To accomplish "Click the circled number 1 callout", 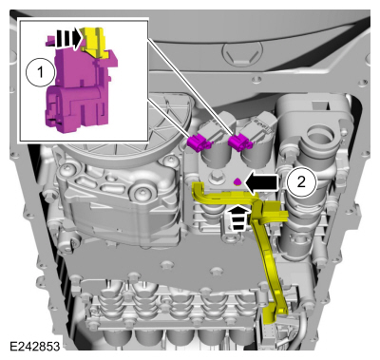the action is tap(40, 72).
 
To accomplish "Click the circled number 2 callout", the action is tap(301, 182).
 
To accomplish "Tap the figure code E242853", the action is tap(34, 346).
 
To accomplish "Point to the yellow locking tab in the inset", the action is tap(95, 42).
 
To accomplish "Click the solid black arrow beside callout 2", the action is tap(262, 182).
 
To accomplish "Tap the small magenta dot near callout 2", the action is tap(237, 181).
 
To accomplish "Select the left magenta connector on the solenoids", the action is tap(199, 142).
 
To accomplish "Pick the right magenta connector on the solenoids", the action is tap(240, 142).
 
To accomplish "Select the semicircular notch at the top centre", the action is tap(243, 54).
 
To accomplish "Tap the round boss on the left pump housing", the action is tap(141, 193).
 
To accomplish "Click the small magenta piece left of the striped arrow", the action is tap(50, 40).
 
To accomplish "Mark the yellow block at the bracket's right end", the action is tap(275, 212).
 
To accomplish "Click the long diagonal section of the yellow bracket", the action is tap(266, 256).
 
